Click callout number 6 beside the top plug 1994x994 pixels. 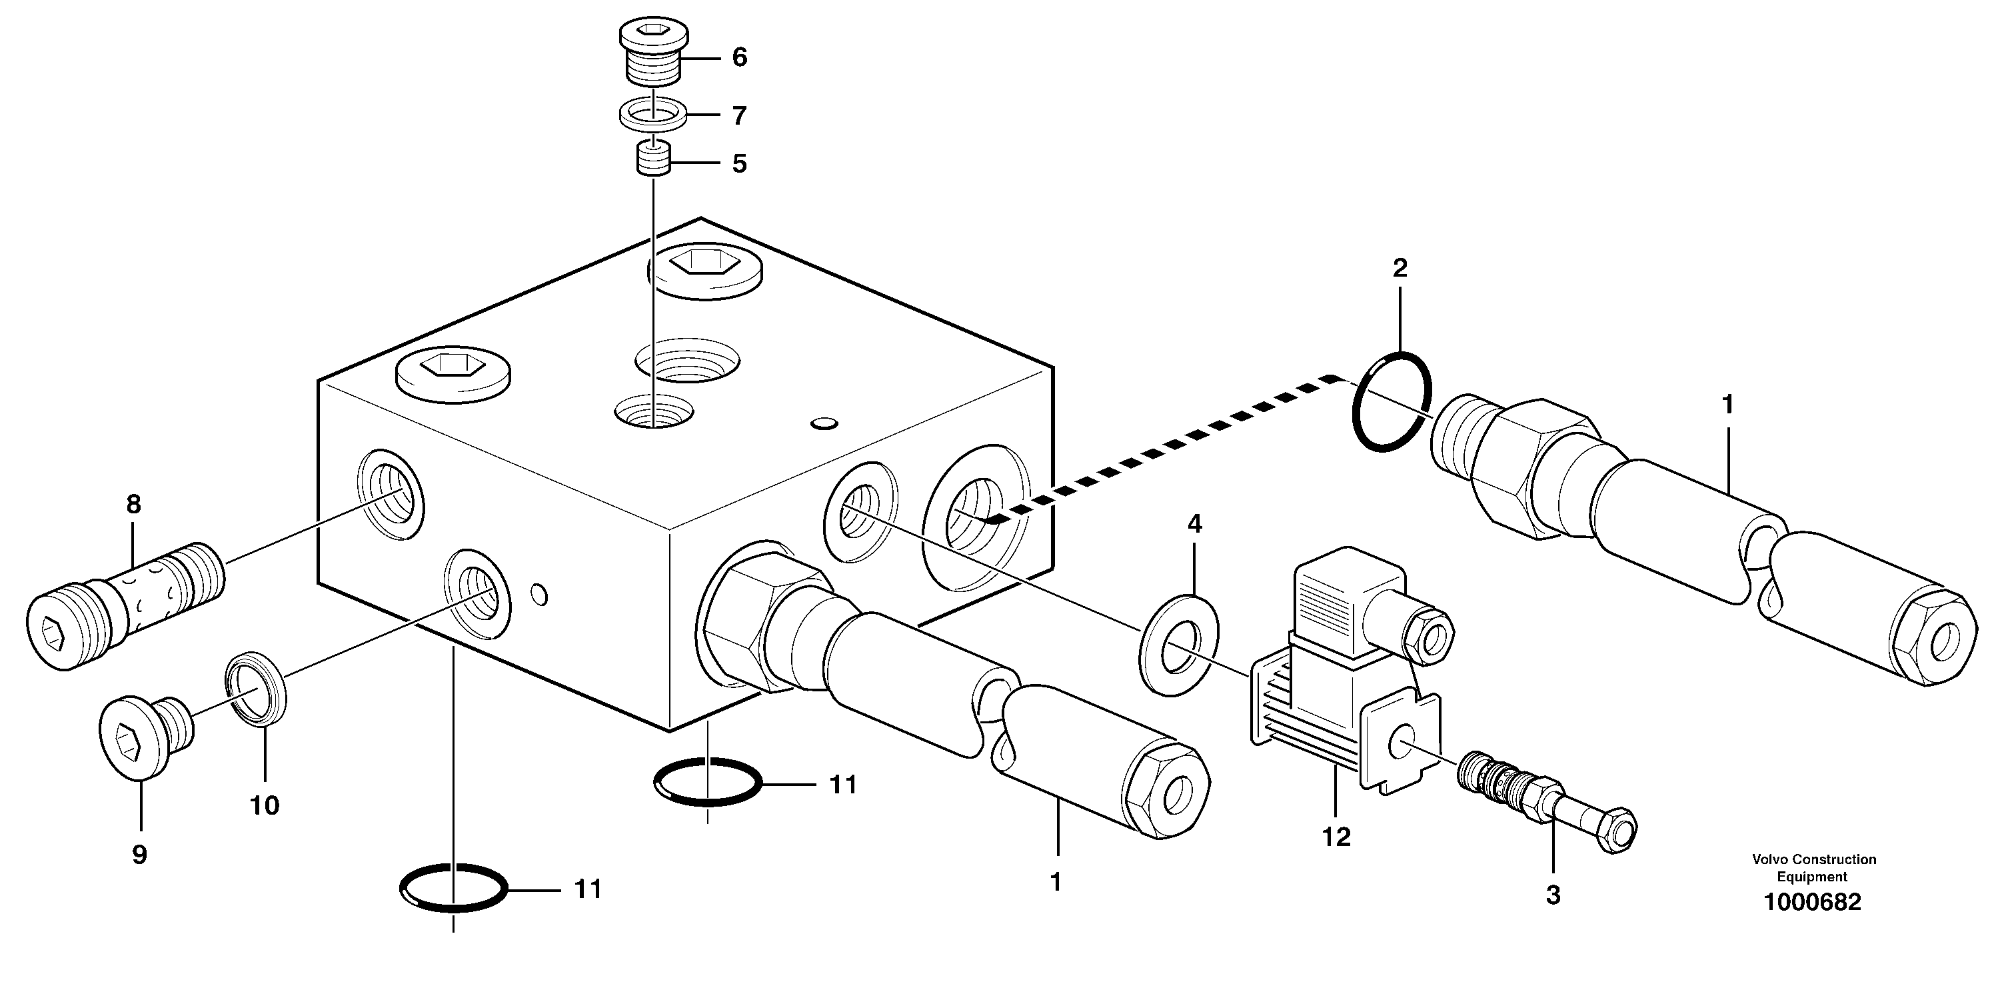coord(739,57)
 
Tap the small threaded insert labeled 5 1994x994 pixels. coord(652,159)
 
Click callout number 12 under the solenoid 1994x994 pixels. coord(1336,837)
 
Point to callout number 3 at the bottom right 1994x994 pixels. coord(1553,896)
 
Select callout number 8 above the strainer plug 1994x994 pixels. coord(133,505)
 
